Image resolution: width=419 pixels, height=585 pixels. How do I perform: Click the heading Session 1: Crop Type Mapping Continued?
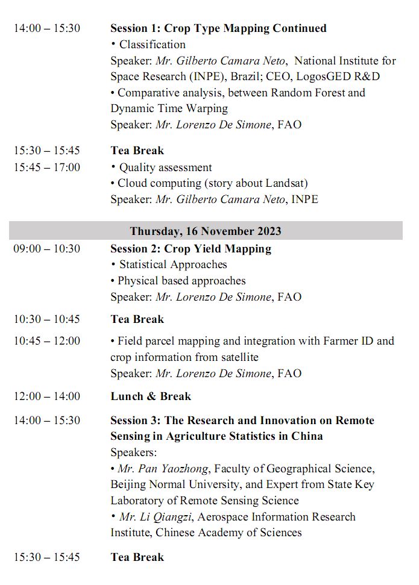pyautogui.click(x=218, y=28)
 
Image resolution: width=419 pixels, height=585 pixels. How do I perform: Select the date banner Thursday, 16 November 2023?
pyautogui.click(x=206, y=231)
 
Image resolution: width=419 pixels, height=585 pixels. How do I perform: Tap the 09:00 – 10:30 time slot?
pyautogui.click(x=47, y=248)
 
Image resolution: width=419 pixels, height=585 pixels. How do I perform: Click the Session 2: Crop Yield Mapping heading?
pyautogui.click(x=191, y=248)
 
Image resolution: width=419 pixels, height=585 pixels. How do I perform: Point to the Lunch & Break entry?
pyautogui.click(x=151, y=396)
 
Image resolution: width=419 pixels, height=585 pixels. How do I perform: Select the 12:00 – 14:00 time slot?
pyautogui.click(x=47, y=396)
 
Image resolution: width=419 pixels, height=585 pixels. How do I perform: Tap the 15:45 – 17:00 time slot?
pyautogui.click(x=47, y=167)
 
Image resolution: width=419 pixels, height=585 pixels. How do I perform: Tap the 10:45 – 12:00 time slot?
pyautogui.click(x=47, y=341)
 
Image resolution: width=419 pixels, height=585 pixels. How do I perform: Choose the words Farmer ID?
pyautogui.click(x=347, y=341)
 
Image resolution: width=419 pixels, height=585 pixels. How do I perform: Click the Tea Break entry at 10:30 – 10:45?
pyautogui.click(x=137, y=319)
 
